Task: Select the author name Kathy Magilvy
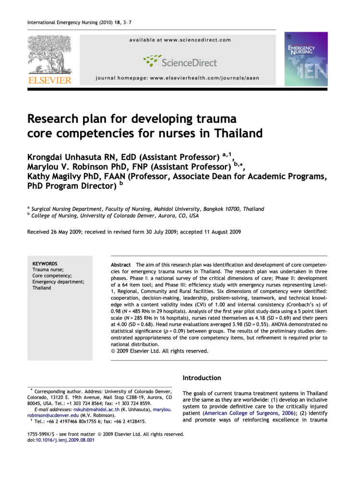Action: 56,177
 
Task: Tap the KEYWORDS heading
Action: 45,264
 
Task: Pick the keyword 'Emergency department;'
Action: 58,282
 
